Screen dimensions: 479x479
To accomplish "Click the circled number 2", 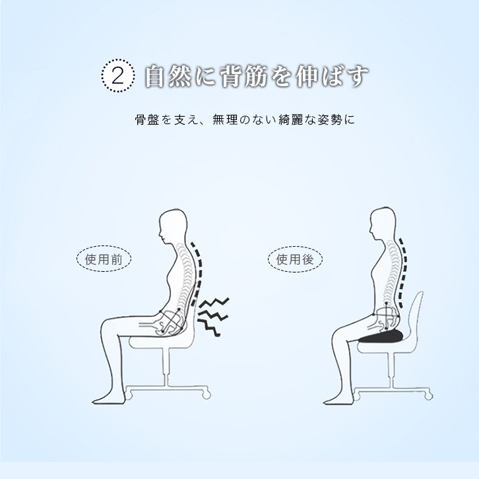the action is click(x=118, y=75).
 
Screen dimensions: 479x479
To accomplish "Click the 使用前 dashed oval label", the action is click(x=104, y=259).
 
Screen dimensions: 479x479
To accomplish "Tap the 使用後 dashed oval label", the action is click(x=295, y=259).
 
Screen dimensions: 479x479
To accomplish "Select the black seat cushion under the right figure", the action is click(x=381, y=336).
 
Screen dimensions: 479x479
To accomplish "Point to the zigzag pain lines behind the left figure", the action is click(x=213, y=317).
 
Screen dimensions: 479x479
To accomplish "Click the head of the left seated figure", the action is click(x=173, y=227).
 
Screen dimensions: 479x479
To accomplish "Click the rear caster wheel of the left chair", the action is click(x=207, y=395).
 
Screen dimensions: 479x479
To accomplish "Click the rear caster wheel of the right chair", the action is click(x=428, y=396).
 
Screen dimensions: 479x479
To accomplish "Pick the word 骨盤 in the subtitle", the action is click(x=147, y=119).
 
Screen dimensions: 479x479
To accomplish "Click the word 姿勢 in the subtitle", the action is click(x=330, y=119).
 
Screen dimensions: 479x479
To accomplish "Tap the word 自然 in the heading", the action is click(x=168, y=77).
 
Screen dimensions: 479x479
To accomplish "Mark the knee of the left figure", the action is click(x=108, y=326).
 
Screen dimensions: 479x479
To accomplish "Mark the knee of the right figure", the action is click(x=338, y=334).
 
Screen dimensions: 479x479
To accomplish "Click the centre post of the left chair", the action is click(x=166, y=367).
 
